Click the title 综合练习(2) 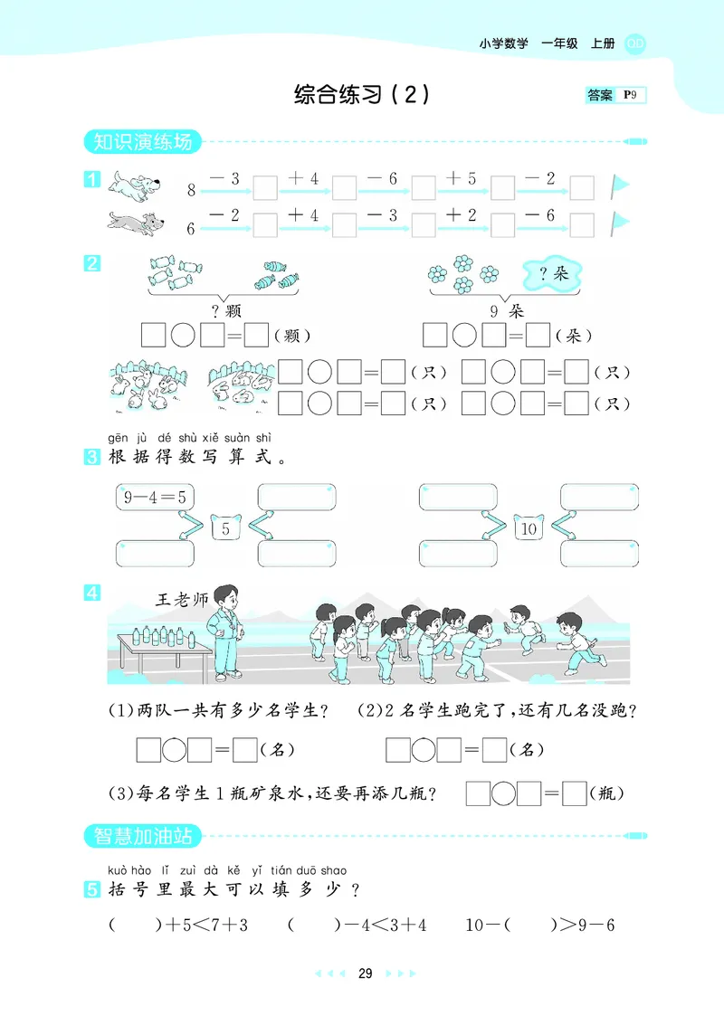click(361, 94)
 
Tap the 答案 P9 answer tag click(615, 95)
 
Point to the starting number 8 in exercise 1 click(191, 190)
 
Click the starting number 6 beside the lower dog click(191, 229)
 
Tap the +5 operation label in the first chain click(462, 178)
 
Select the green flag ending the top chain click(620, 185)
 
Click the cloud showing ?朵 click(552, 273)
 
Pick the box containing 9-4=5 click(156, 496)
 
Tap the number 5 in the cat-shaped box click(225, 528)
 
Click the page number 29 click(365, 973)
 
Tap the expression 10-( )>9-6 click(540, 925)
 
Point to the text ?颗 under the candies click(222, 310)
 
